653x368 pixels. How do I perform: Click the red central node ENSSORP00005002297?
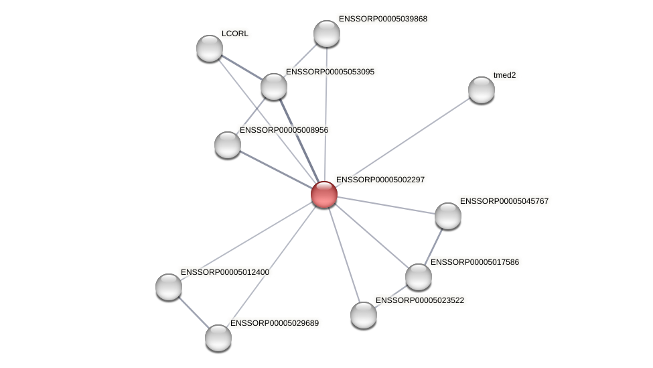[324, 194]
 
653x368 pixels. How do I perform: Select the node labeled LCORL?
[210, 48]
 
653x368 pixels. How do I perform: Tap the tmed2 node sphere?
[481, 90]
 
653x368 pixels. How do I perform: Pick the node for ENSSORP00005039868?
[327, 34]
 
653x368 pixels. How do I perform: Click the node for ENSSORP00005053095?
[273, 86]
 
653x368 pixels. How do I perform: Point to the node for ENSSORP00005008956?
[228, 145]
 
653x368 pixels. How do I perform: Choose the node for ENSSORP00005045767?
[447, 216]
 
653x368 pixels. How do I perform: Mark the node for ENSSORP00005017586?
[419, 277]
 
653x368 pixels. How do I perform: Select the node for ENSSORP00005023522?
[364, 315]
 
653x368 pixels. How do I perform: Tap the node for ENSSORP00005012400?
[169, 287]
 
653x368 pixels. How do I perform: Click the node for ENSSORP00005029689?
[218, 338]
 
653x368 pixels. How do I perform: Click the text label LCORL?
[235, 34]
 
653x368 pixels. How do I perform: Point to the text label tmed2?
[504, 75]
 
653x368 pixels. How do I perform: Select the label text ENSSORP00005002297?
[380, 180]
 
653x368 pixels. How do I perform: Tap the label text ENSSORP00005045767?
[504, 201]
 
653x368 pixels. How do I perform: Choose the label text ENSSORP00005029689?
[275, 323]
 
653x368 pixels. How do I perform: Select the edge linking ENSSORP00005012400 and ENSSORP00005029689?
[194, 312]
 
